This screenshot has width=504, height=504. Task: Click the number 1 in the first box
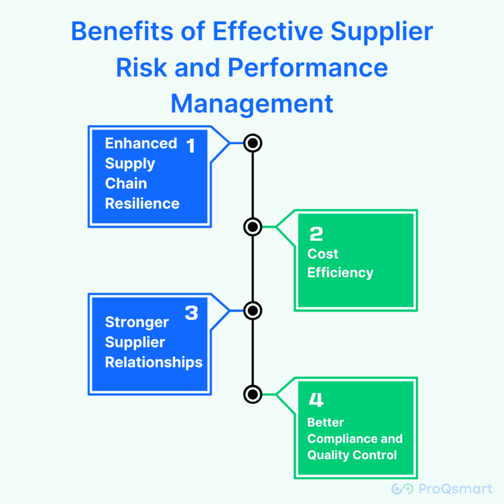tap(190, 146)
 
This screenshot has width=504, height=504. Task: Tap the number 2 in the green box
tap(316, 234)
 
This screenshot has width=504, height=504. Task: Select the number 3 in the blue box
tap(191, 313)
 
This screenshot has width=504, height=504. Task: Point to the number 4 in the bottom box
tap(316, 401)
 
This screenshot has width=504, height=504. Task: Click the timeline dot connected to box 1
tap(252, 143)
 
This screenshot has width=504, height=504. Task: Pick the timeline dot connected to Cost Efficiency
tap(252, 227)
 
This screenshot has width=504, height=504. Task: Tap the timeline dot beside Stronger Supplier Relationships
tap(252, 311)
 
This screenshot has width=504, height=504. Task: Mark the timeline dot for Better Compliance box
tap(252, 394)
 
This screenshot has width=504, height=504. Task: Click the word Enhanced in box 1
tap(141, 143)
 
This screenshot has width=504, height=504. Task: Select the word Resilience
tap(142, 203)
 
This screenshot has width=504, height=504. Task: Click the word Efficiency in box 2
tap(340, 273)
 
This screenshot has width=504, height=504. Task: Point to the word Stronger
tap(137, 322)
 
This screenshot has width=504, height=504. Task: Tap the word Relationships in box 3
tap(154, 362)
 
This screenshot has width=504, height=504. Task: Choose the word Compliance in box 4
tap(341, 439)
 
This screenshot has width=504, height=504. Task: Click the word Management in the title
tap(252, 104)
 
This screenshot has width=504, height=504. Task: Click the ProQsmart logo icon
tap(402, 489)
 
